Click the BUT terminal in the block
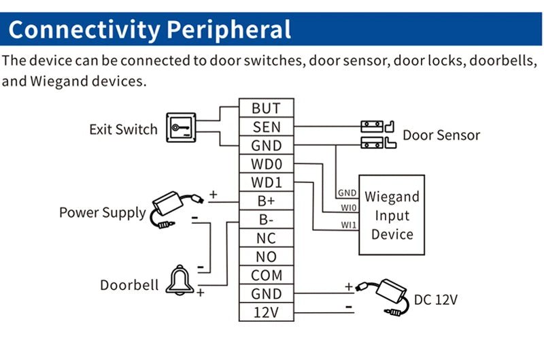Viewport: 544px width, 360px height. click(x=266, y=108)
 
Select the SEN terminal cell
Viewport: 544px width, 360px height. click(x=266, y=127)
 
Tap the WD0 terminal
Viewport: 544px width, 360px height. click(x=266, y=164)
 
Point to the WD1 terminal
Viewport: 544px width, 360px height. click(x=266, y=183)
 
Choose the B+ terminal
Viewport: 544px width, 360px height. click(x=266, y=201)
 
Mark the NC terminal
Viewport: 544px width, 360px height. click(x=266, y=239)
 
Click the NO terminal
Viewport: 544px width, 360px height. click(x=266, y=257)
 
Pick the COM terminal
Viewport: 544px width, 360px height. click(x=266, y=276)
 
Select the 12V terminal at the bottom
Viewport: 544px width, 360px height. click(x=266, y=312)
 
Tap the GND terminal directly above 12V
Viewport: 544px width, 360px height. click(x=266, y=294)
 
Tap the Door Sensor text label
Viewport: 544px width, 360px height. click(x=441, y=135)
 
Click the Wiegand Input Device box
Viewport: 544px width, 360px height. click(x=392, y=215)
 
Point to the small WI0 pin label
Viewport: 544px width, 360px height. click(x=348, y=208)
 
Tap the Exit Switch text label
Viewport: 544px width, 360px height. click(x=123, y=129)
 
